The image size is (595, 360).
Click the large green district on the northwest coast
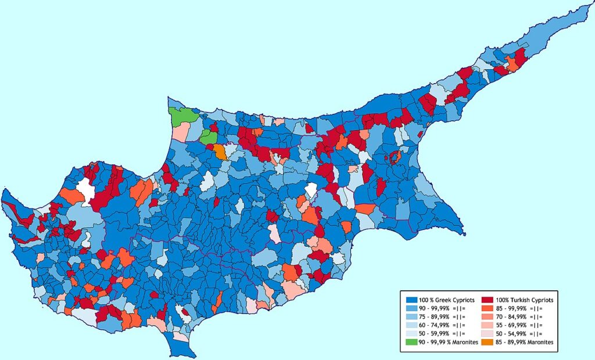pos(182,114)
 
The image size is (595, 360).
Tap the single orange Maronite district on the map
pos(220,152)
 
